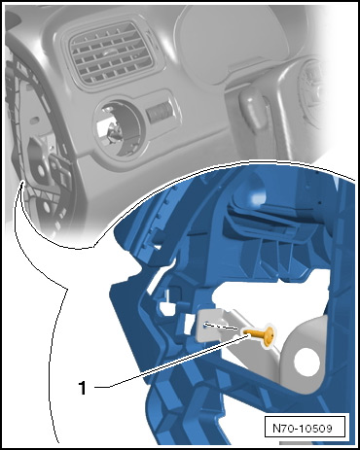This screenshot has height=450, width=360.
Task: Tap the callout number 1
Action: [x=83, y=387]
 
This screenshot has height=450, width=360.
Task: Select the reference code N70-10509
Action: [x=303, y=429]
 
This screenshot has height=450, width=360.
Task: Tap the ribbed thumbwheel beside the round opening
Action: [x=158, y=112]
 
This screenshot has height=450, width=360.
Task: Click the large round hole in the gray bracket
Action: [x=306, y=362]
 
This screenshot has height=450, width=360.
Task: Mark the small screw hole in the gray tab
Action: [x=206, y=325]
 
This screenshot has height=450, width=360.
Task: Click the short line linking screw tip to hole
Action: [x=225, y=327]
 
